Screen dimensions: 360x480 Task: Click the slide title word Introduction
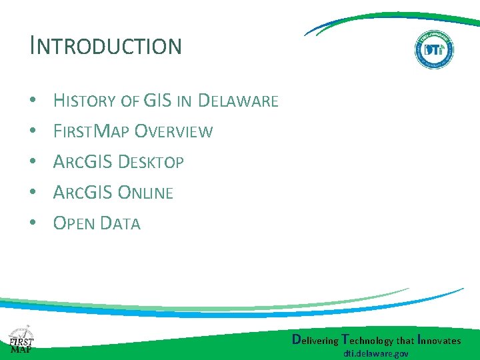[x=105, y=46]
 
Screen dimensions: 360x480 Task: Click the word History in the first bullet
[x=85, y=101]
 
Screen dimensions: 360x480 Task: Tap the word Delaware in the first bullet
[x=238, y=101]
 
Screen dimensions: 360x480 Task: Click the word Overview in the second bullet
[x=173, y=131]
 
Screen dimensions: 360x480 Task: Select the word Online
[x=145, y=193]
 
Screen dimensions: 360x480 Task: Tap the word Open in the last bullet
[x=73, y=223]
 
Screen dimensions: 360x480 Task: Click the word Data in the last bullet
[x=119, y=223]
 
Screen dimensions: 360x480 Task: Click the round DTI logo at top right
[x=434, y=49]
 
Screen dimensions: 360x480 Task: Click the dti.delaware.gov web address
[x=376, y=354]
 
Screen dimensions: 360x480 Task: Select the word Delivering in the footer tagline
[x=315, y=340]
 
